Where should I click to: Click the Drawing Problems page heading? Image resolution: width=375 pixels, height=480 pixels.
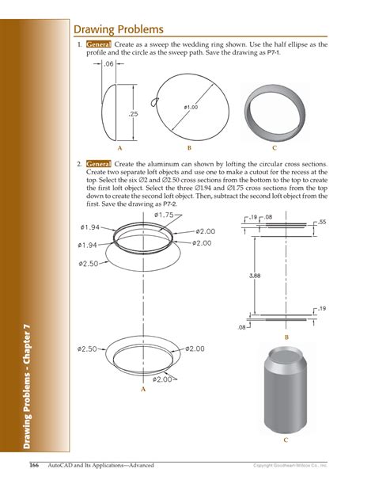click(x=119, y=29)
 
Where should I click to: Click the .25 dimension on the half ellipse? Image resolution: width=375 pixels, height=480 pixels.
click(x=134, y=114)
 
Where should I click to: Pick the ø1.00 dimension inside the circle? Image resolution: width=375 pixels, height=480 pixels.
click(x=191, y=106)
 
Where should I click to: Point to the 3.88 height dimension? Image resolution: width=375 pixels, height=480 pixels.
click(x=254, y=276)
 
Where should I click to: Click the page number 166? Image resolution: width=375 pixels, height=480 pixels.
click(x=35, y=463)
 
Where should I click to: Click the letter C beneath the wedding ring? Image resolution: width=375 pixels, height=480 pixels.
click(x=275, y=147)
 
